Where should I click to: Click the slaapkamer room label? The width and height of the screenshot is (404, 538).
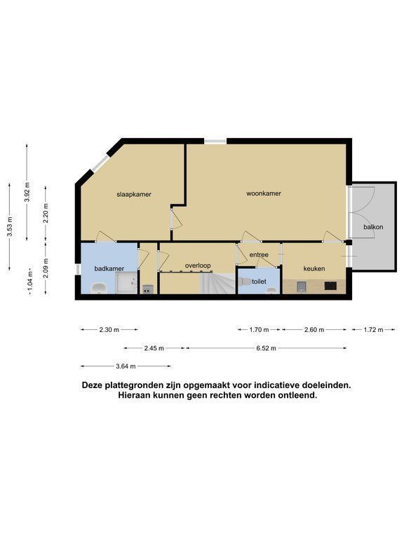[134, 194]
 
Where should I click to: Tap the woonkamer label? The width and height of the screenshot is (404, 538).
[264, 193]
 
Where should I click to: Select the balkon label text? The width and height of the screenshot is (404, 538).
[373, 227]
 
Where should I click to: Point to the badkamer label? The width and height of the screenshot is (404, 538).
[109, 269]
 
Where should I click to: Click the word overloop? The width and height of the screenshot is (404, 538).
[198, 265]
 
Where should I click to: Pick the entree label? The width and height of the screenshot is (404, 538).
[259, 254]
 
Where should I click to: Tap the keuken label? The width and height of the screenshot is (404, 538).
[314, 269]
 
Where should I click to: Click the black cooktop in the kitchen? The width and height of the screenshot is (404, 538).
[330, 286]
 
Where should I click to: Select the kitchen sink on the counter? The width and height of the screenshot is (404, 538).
[302, 287]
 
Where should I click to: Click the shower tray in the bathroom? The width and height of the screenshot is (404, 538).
[126, 283]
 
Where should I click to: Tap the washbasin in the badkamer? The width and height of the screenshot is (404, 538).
[100, 288]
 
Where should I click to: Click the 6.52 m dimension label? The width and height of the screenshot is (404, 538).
[267, 348]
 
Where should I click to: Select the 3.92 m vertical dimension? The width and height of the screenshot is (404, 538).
[27, 193]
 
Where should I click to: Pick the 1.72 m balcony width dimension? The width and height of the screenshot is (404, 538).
[373, 330]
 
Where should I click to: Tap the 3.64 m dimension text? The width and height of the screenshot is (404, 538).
[126, 366]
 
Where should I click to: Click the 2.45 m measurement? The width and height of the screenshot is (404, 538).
[154, 348]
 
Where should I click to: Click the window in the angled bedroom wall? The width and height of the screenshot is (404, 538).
[101, 163]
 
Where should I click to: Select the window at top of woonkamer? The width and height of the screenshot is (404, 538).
[216, 141]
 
